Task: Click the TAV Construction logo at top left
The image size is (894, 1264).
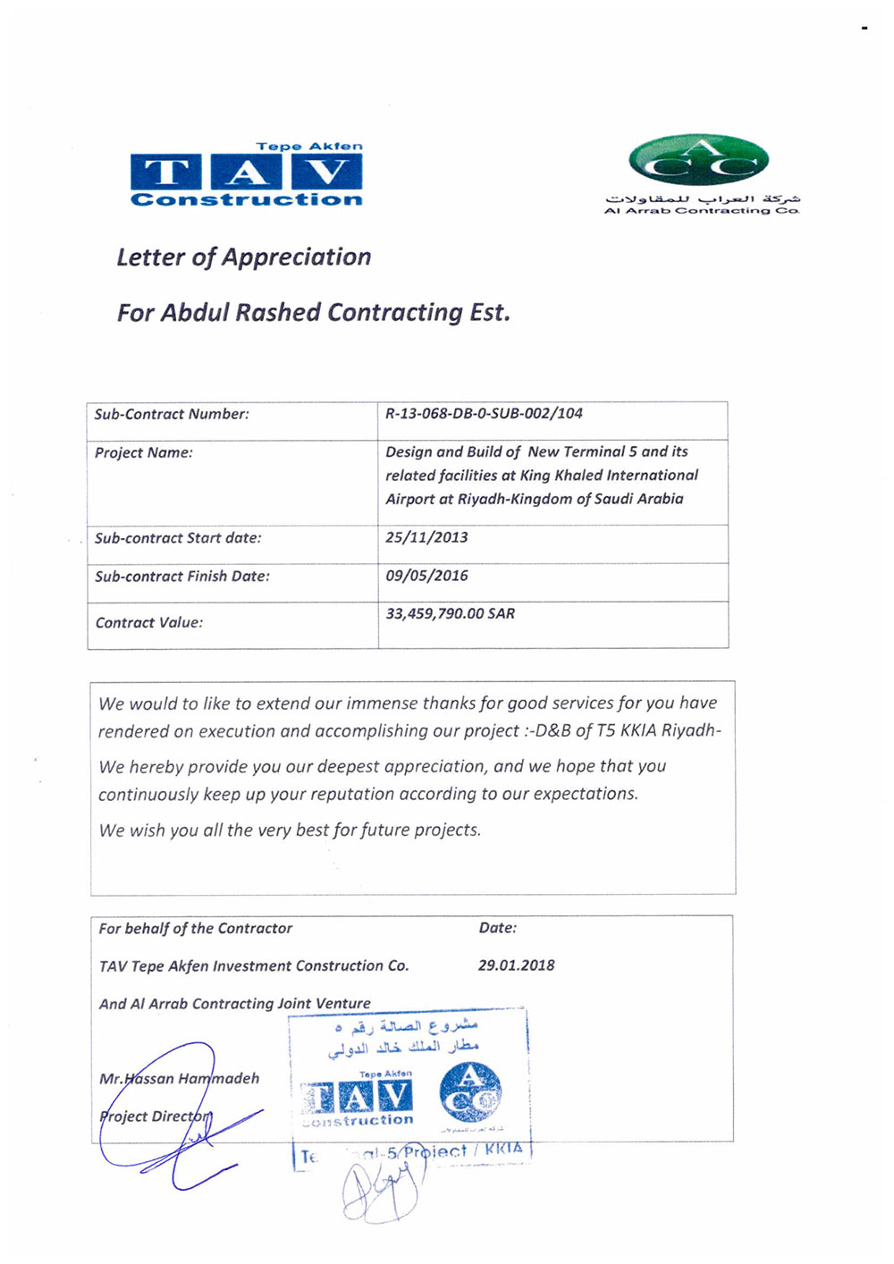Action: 247,174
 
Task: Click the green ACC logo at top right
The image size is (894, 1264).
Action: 699,161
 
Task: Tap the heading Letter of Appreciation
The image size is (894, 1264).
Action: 243,257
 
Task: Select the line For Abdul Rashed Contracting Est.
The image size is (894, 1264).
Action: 313,313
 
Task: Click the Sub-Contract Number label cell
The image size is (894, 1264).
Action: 172,414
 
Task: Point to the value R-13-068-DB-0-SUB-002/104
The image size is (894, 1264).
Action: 484,413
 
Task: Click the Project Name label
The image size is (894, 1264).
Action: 144,452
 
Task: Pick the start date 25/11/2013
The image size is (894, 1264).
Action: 426,537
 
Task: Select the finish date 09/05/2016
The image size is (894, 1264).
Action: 426,576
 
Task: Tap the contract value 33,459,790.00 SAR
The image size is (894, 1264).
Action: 450,613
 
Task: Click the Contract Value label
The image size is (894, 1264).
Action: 149,622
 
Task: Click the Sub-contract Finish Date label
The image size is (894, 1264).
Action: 182,577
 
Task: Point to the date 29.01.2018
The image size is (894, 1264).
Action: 516,965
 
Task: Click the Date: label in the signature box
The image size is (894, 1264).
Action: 497,928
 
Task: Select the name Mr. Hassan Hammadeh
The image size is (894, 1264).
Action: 179,1078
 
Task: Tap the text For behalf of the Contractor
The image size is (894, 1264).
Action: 195,929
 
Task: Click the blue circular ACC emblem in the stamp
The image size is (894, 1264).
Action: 470,1094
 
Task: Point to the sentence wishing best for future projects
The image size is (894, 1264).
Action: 290,830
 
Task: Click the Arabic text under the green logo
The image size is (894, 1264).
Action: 703,198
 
